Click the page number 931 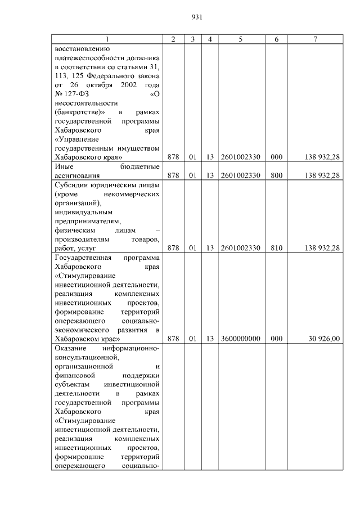click(196, 17)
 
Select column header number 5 click(240, 39)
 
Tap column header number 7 click(316, 39)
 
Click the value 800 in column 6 click(276, 175)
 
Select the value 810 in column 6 click(276, 247)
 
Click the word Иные click(64, 166)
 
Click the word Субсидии click(71, 184)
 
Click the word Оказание click(71, 348)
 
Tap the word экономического click(85, 330)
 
